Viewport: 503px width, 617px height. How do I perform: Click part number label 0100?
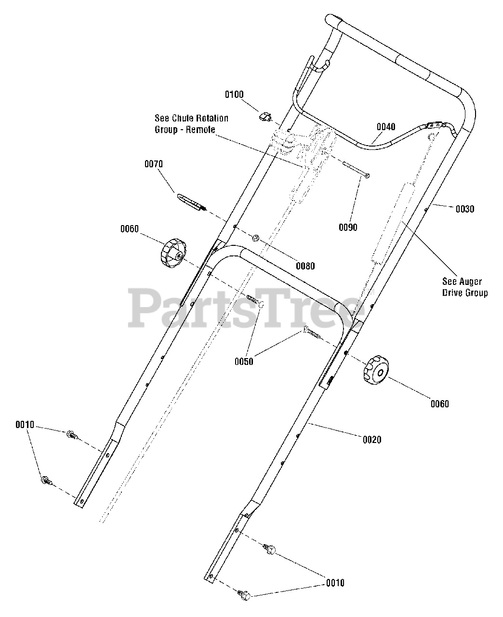234,94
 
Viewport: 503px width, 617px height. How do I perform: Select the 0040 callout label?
386,127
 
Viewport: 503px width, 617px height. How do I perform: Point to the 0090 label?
348,227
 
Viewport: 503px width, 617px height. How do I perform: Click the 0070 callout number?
154,164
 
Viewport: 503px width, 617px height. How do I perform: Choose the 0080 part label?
305,266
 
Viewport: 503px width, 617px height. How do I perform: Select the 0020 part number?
371,439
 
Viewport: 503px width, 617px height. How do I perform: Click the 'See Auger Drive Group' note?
465,287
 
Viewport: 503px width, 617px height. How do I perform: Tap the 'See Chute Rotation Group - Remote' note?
191,123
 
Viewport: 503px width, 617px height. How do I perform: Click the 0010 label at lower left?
25,425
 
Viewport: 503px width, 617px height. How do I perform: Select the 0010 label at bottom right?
335,583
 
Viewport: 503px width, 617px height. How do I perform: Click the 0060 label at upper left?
130,229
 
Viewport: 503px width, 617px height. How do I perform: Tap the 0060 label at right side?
439,403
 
